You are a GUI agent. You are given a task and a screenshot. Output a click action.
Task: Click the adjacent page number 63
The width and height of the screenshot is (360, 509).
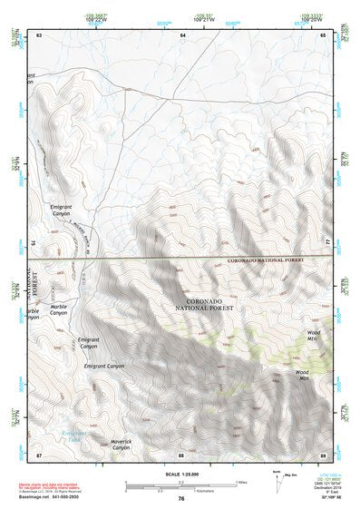coord(39,34)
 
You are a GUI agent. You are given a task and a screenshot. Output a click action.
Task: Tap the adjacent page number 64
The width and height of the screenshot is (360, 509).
coord(182,34)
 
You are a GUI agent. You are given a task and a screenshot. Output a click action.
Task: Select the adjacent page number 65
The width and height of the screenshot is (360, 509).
coord(323,34)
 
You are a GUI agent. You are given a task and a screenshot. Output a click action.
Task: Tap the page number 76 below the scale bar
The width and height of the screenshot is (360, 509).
coord(181,498)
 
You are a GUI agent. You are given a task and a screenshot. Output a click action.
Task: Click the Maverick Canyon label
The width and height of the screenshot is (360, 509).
coord(122,445)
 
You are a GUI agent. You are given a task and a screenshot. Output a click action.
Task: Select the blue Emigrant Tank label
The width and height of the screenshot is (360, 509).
coord(72,436)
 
